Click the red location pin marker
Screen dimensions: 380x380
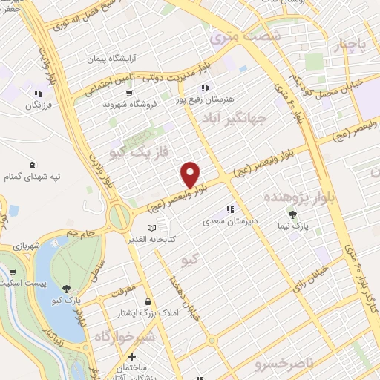(191, 175)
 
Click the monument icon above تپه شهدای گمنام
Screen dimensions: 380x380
(31, 165)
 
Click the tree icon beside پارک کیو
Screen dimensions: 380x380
(67, 289)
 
